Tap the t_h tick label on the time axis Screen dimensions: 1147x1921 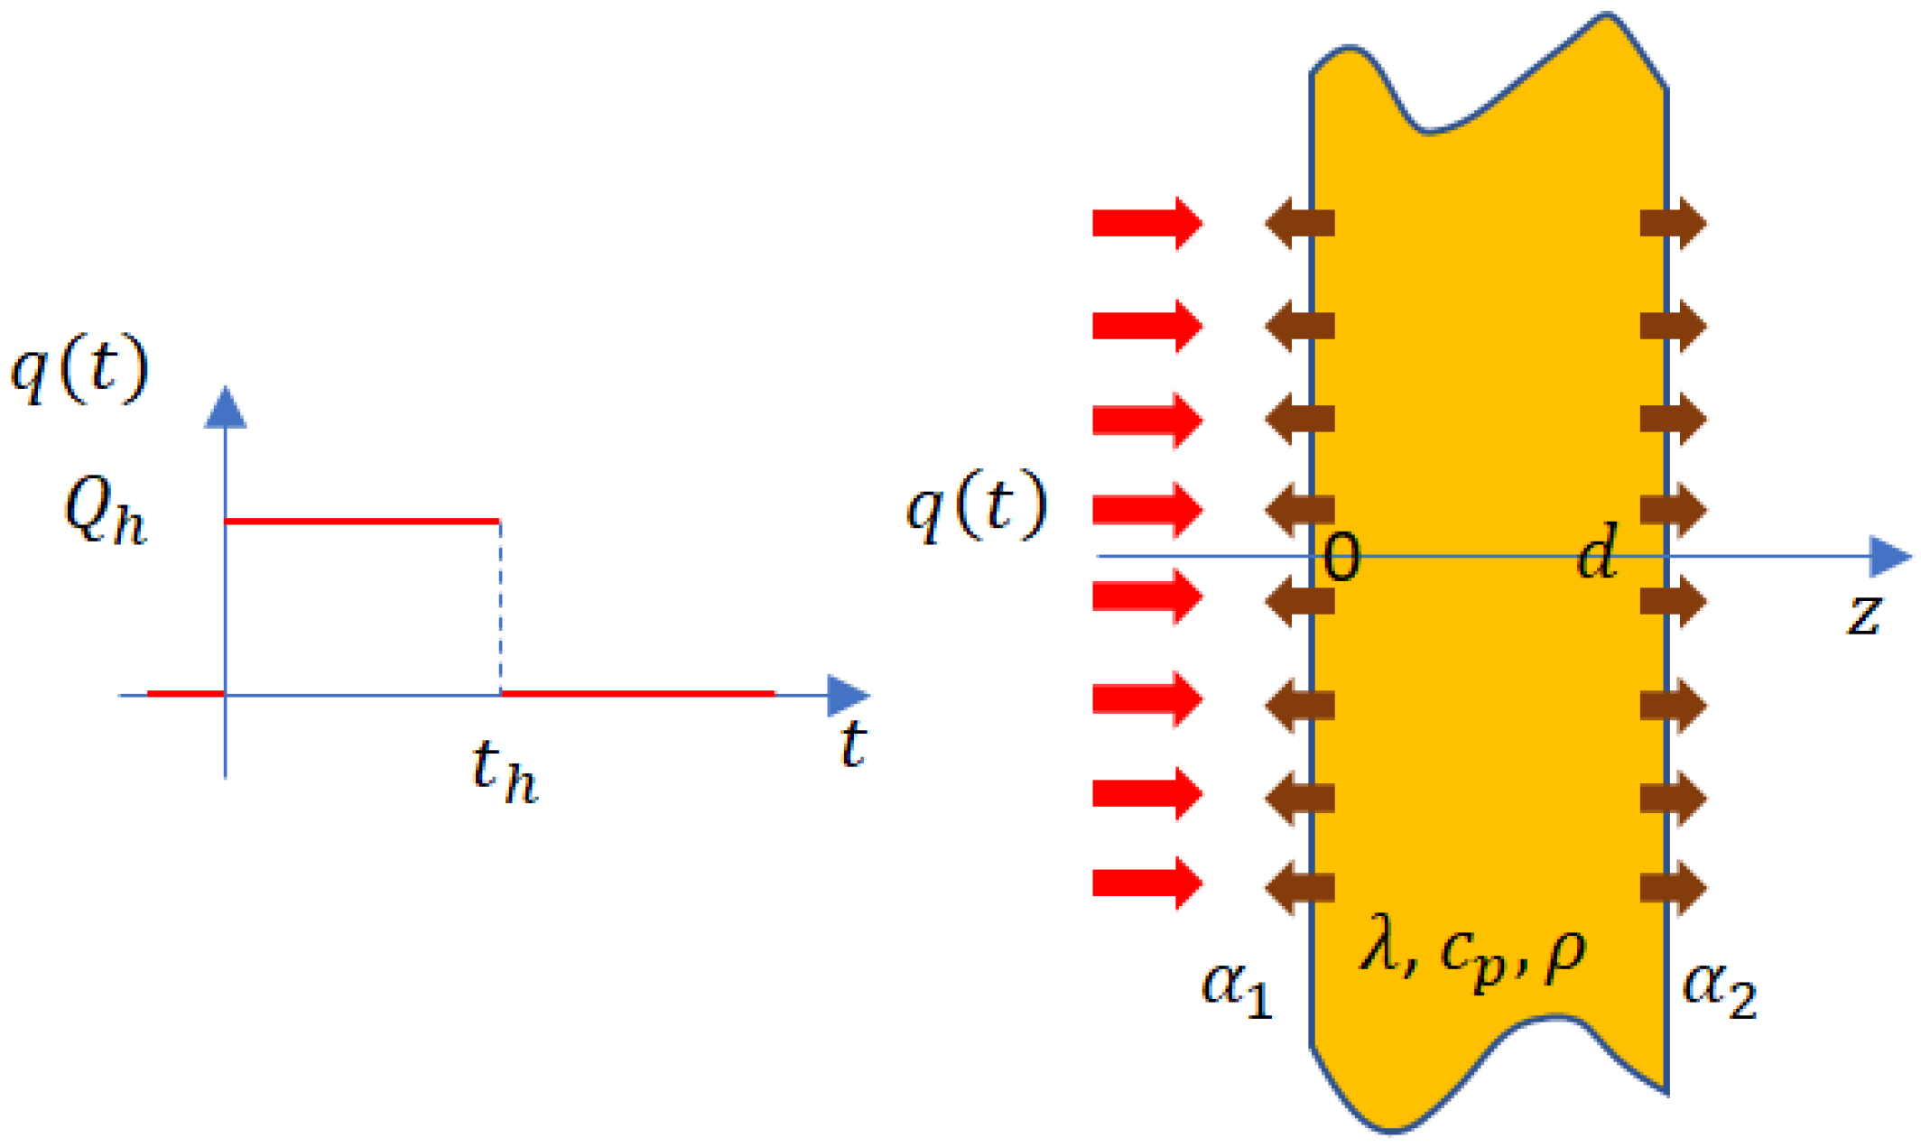click(505, 771)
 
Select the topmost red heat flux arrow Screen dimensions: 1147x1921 click(1146, 222)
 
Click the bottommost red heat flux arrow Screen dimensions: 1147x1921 click(1146, 883)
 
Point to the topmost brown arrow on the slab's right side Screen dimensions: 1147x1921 click(1673, 222)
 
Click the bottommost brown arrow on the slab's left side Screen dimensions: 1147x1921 click(1300, 886)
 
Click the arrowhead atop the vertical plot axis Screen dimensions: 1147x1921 click(226, 408)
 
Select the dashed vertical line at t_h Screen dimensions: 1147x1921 click(500, 607)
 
